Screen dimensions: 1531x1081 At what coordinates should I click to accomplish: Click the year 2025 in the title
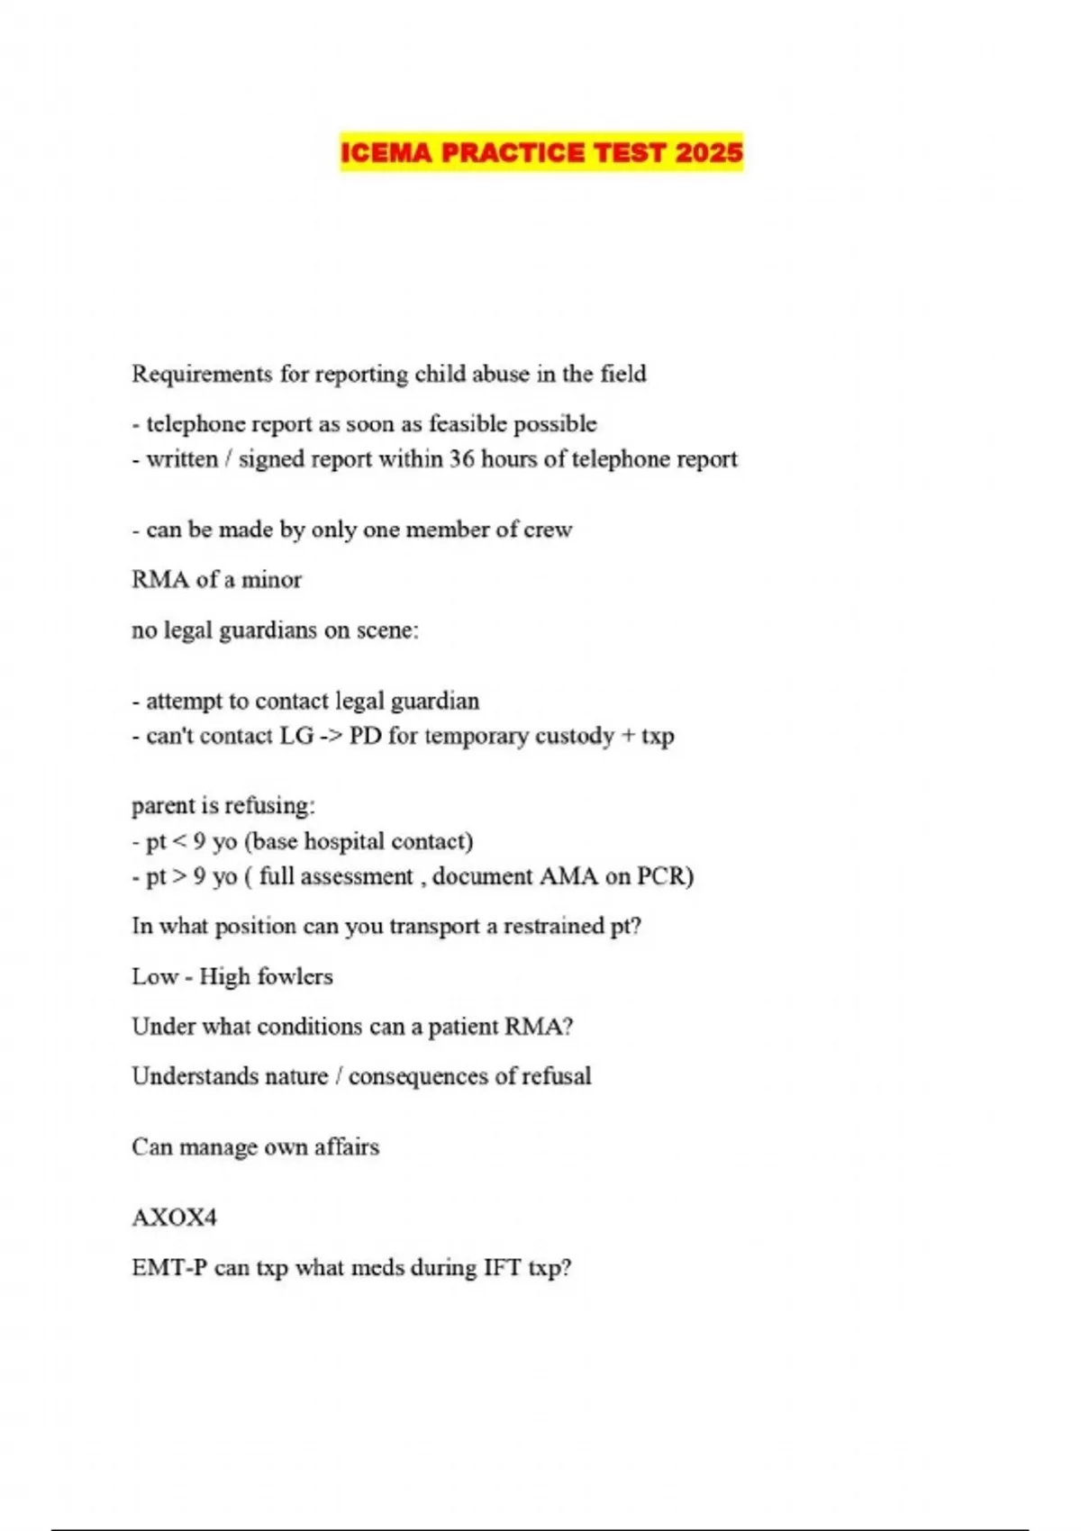[x=709, y=152]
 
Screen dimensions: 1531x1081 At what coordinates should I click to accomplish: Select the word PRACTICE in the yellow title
[x=512, y=152]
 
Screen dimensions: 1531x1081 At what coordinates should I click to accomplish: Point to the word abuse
[x=501, y=374]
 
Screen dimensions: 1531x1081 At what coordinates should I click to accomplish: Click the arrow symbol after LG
[x=331, y=736]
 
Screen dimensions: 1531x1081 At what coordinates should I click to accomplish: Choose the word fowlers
[x=295, y=976]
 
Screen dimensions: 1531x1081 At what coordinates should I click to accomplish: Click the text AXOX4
[x=175, y=1218]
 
